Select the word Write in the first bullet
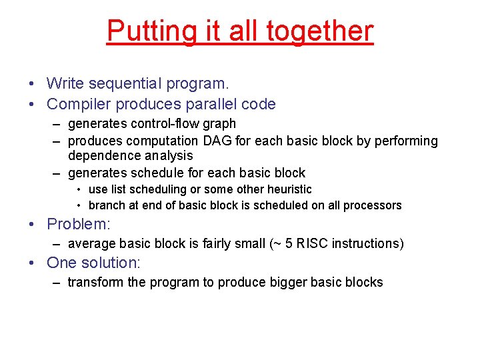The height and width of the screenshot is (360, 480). pyautogui.click(x=67, y=84)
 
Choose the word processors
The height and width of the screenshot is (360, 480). pyautogui.click(x=373, y=205)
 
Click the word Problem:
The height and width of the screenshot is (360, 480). pyautogui.click(x=78, y=223)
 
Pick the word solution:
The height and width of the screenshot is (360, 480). pyautogui.click(x=118, y=263)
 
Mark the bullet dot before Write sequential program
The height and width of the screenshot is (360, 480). pyautogui.click(x=32, y=85)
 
